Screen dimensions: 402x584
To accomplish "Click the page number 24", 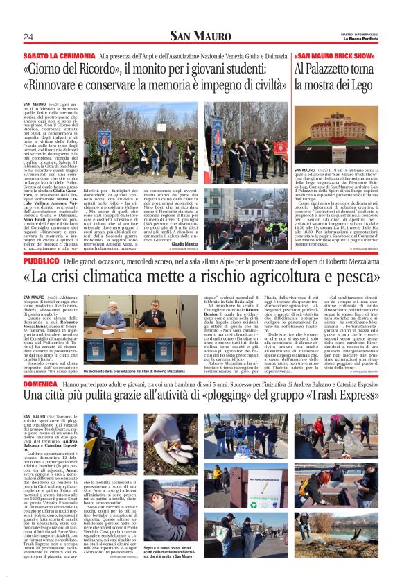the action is [x=28, y=37].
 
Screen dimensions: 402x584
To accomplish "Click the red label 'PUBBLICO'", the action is [x=41, y=260].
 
